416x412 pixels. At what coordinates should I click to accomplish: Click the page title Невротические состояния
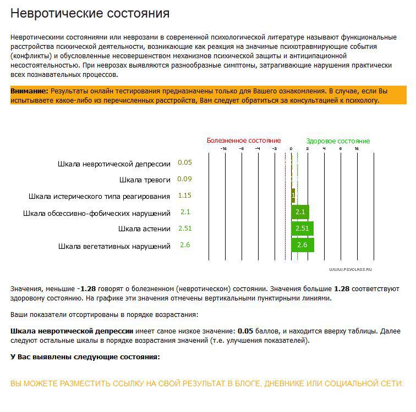90,13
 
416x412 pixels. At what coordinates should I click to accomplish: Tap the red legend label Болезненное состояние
244,141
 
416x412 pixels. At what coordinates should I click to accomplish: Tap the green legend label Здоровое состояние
338,141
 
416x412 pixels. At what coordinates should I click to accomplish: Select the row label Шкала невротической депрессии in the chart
114,164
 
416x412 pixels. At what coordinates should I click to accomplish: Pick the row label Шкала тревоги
145,180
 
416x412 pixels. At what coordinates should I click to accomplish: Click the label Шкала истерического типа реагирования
99,196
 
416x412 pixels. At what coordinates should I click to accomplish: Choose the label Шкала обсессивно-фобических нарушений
97,213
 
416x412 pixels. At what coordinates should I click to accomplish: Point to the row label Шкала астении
144,229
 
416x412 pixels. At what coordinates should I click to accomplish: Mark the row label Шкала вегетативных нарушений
114,246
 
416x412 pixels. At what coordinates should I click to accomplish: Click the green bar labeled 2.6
303,245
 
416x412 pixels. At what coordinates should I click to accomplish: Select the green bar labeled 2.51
303,229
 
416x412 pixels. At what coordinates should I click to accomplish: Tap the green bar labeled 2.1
300,212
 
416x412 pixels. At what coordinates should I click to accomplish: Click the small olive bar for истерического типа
293,195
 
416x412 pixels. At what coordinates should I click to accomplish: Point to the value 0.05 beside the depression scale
185,163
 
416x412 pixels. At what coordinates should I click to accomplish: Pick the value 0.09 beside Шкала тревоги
185,179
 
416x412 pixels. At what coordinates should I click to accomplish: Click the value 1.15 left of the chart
185,196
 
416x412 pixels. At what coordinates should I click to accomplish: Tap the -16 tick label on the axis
223,149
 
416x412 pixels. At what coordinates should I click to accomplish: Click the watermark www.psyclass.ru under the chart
351,269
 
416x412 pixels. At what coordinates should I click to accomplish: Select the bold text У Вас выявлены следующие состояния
85,357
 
